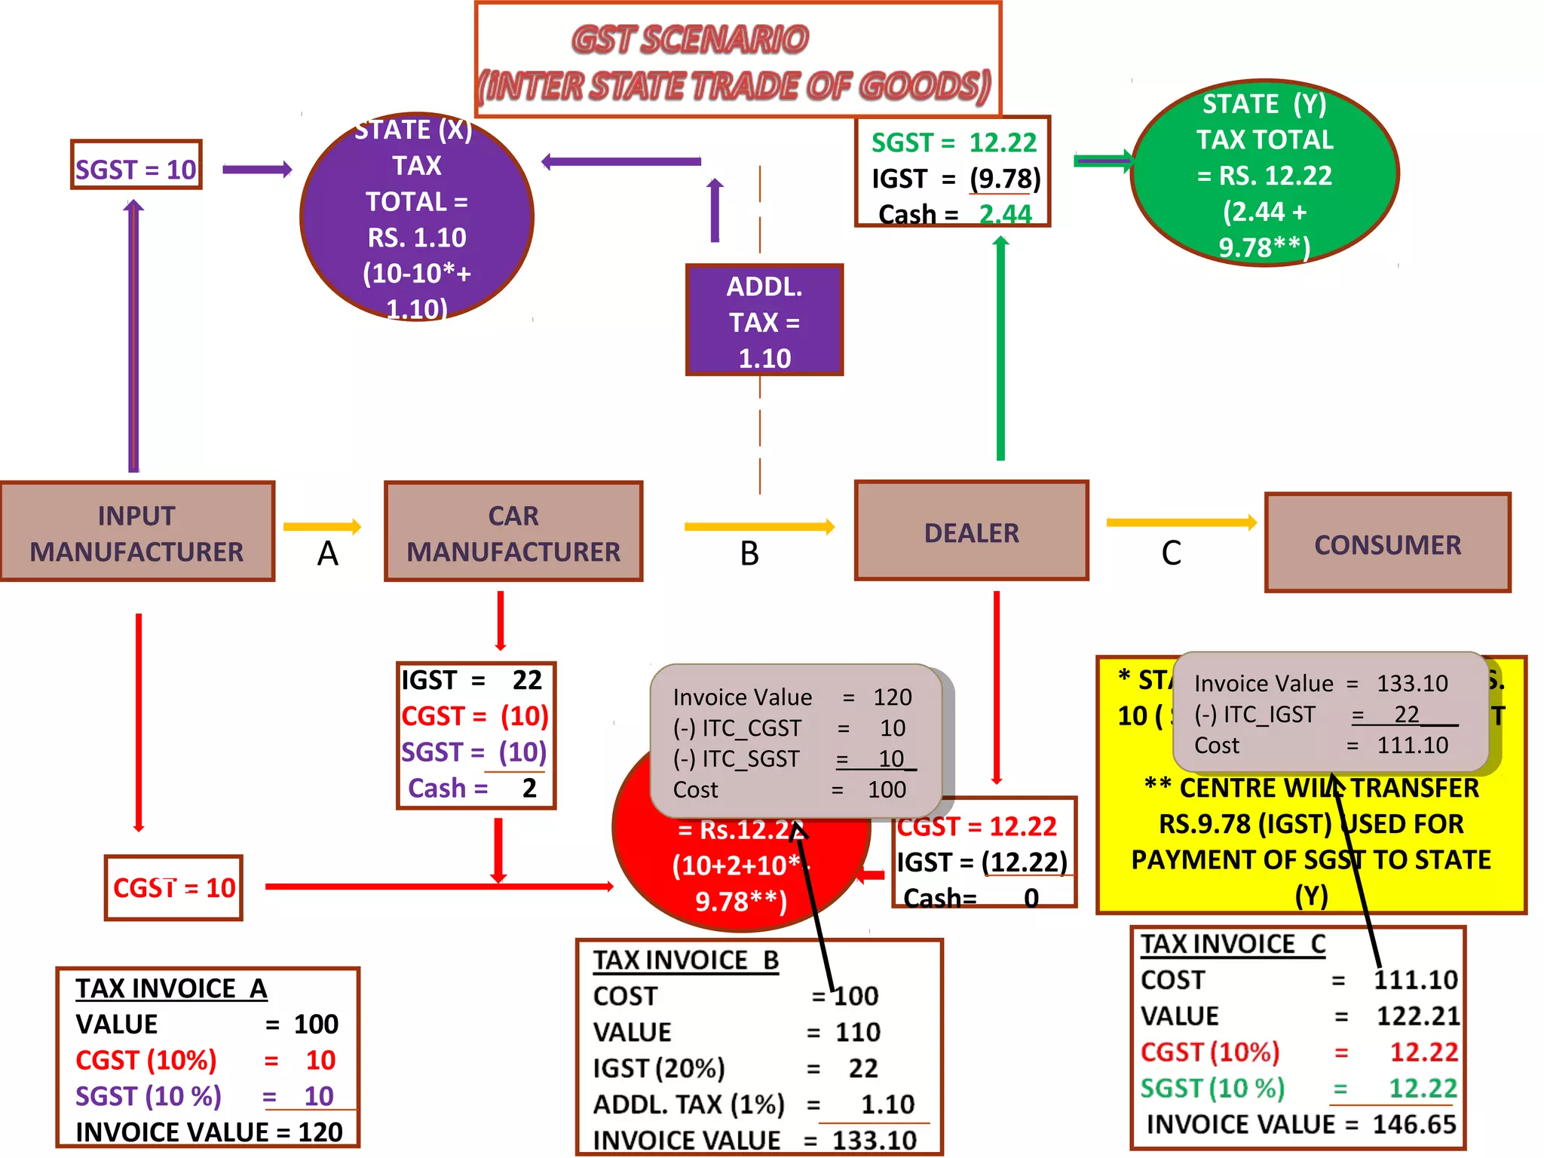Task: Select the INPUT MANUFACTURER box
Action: (x=136, y=532)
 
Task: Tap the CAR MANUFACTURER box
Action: (x=513, y=532)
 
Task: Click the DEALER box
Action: (x=971, y=532)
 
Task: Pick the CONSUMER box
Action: (x=1387, y=544)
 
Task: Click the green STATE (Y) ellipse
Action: (x=1264, y=173)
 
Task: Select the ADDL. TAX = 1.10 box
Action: (x=764, y=321)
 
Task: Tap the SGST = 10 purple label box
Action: (x=136, y=168)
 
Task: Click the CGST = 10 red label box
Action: (x=173, y=887)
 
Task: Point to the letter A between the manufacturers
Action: (x=327, y=554)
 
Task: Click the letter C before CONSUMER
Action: (x=1171, y=554)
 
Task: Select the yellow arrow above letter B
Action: (x=759, y=526)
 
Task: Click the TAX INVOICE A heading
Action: (x=171, y=988)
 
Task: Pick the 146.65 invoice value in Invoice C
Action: (x=1414, y=1124)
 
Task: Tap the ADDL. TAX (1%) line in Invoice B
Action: (x=753, y=1104)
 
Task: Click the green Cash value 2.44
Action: (x=1005, y=214)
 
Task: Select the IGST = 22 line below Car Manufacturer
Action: (x=473, y=680)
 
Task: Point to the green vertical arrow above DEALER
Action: (x=1000, y=347)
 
